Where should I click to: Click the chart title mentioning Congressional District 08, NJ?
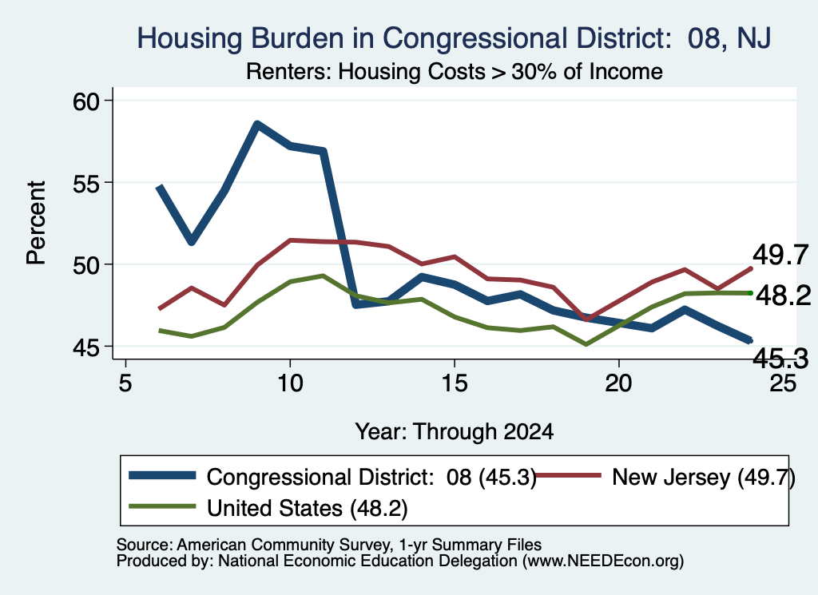pyautogui.click(x=454, y=38)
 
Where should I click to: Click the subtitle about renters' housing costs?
pyautogui.click(x=455, y=71)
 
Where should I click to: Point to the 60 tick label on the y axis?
pyautogui.click(x=86, y=101)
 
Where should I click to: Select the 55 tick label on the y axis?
pyautogui.click(x=86, y=183)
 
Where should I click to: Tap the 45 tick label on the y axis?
pyautogui.click(x=86, y=347)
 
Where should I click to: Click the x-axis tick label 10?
pyautogui.click(x=290, y=384)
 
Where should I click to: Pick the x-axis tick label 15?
pyautogui.click(x=455, y=384)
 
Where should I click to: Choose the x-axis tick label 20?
pyautogui.click(x=619, y=384)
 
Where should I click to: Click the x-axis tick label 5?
pyautogui.click(x=125, y=384)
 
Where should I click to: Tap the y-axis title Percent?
pyautogui.click(x=36, y=223)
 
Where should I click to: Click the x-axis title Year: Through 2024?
pyautogui.click(x=455, y=432)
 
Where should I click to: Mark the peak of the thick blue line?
pyautogui.click(x=257, y=124)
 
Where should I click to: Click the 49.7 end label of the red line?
pyautogui.click(x=780, y=255)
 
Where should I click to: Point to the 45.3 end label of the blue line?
pyautogui.click(x=780, y=359)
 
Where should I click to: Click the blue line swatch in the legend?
pyautogui.click(x=162, y=475)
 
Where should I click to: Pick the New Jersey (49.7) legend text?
pyautogui.click(x=704, y=477)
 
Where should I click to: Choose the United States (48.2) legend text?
pyautogui.click(x=308, y=509)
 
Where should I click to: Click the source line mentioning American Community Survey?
pyautogui.click(x=329, y=545)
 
